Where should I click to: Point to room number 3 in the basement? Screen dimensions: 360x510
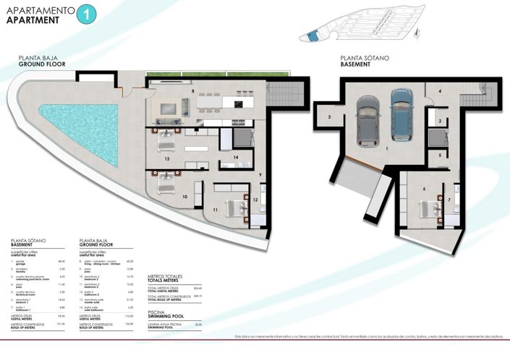coord(329,116)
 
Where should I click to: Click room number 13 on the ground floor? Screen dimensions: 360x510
coord(167,158)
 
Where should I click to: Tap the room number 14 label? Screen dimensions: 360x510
coord(235,157)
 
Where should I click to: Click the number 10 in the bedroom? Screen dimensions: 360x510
coord(184,196)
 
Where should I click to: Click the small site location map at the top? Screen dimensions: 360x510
coord(358,27)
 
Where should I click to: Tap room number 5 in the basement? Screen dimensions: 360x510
coord(439,155)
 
